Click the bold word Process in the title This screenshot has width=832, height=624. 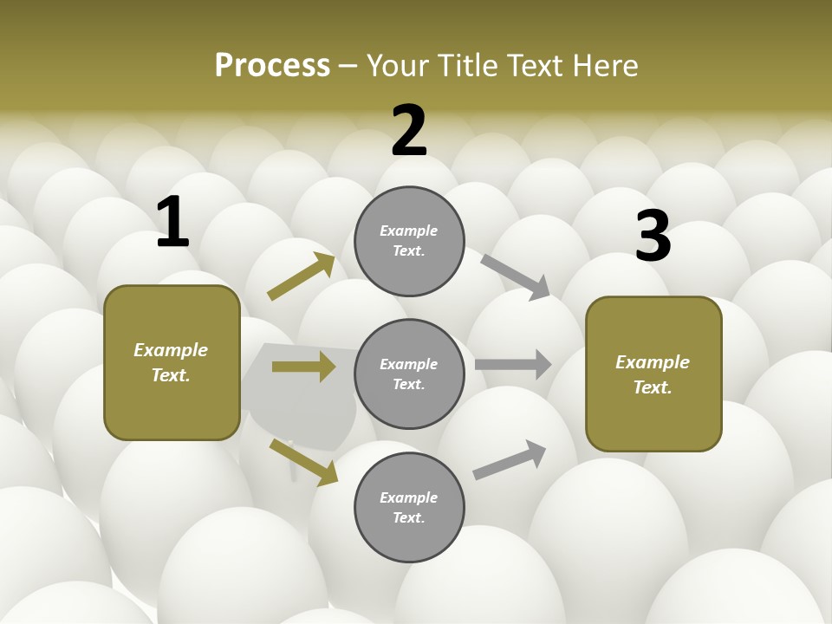pyautogui.click(x=272, y=66)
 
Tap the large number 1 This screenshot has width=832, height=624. pyautogui.click(x=172, y=223)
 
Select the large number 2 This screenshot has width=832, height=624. pyautogui.click(x=409, y=132)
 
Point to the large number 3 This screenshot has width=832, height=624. pyautogui.click(x=653, y=237)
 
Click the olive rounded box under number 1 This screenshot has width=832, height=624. pyautogui.click(x=172, y=362)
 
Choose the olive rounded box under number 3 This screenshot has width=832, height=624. pyautogui.click(x=653, y=374)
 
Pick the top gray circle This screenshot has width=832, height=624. pyautogui.click(x=409, y=241)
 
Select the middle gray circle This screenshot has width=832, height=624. pyautogui.click(x=409, y=374)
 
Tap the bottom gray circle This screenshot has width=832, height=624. pyautogui.click(x=409, y=507)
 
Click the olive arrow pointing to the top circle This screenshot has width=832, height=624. pyautogui.click(x=302, y=276)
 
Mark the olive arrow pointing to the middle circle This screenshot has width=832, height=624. pyautogui.click(x=303, y=367)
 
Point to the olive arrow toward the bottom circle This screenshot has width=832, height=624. pyautogui.click(x=303, y=462)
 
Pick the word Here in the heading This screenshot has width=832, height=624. pyautogui.click(x=607, y=66)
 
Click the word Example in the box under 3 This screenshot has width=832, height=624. pyautogui.click(x=653, y=362)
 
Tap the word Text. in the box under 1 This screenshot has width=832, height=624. pyautogui.click(x=171, y=375)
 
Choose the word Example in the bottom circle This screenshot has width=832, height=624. pyautogui.click(x=408, y=497)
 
